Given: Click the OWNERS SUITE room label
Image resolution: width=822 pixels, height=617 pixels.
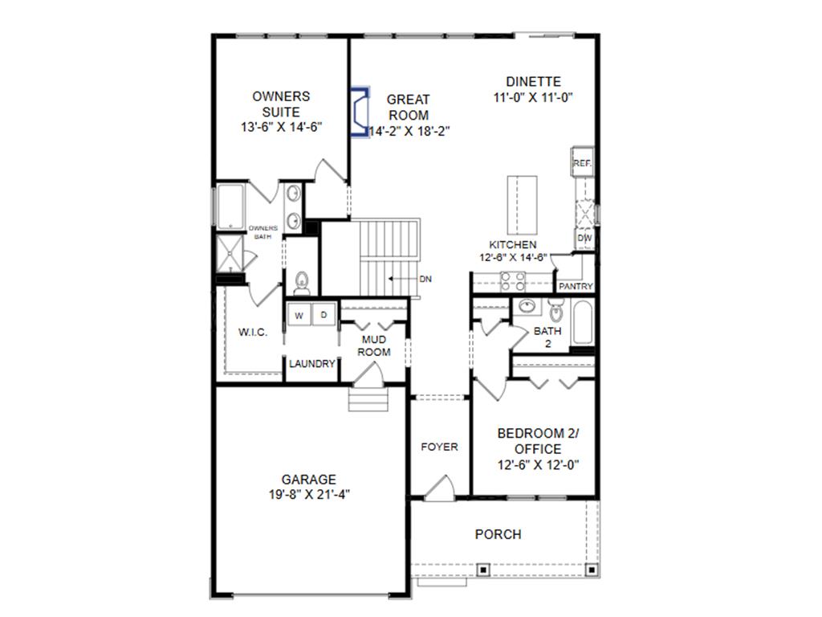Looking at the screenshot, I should pyautogui.click(x=280, y=104).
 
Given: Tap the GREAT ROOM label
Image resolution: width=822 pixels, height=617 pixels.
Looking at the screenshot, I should pyautogui.click(x=409, y=107).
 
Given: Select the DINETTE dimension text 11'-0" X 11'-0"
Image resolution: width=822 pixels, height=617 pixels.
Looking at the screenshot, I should pyautogui.click(x=533, y=97).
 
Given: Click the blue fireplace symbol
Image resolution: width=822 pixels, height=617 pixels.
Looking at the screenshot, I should pyautogui.click(x=358, y=112).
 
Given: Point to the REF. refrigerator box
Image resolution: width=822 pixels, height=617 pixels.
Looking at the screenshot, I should pyautogui.click(x=582, y=163).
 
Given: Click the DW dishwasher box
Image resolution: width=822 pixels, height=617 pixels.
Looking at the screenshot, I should pyautogui.click(x=584, y=239).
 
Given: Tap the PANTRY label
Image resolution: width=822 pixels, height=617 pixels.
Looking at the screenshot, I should pyautogui.click(x=576, y=286).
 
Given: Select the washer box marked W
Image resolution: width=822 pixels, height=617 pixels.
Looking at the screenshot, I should pyautogui.click(x=299, y=315).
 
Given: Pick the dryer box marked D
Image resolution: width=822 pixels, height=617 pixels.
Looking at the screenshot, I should pyautogui.click(x=324, y=315).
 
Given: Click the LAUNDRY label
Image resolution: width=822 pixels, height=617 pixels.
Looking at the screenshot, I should pyautogui.click(x=311, y=364).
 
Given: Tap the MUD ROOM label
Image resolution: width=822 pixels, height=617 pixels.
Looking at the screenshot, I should pyautogui.click(x=374, y=345).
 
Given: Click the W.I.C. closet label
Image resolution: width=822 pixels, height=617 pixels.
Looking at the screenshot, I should pyautogui.click(x=253, y=333).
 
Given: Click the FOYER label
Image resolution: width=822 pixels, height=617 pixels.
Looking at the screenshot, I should pyautogui.click(x=440, y=447).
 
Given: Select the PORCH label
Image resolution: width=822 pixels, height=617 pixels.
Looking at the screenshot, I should pyautogui.click(x=498, y=534).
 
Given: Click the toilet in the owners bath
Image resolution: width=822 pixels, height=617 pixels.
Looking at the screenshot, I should pyautogui.click(x=302, y=280).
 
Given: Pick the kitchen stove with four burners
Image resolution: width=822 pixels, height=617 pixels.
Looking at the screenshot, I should pyautogui.click(x=512, y=281).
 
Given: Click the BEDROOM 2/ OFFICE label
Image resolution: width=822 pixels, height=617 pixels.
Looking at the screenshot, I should pyautogui.click(x=538, y=440).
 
